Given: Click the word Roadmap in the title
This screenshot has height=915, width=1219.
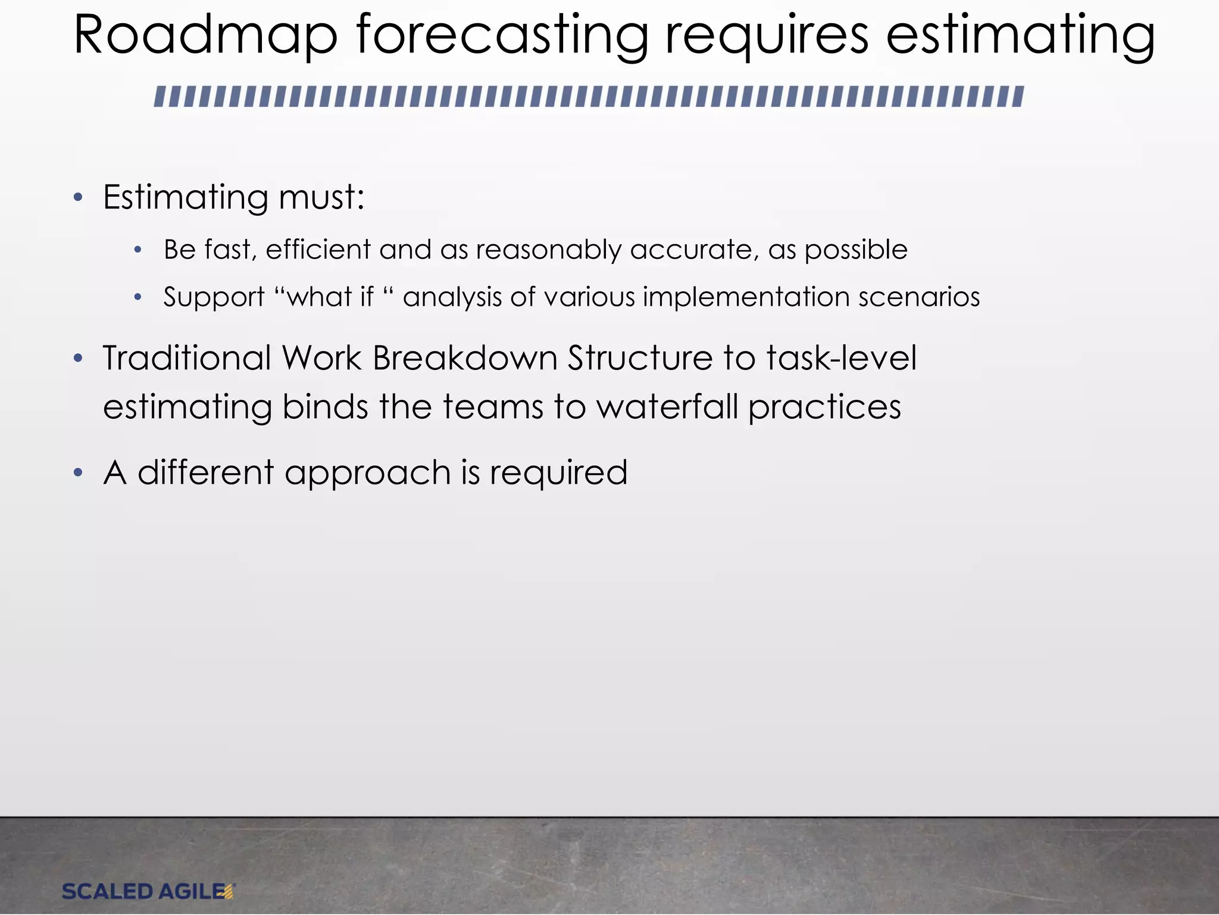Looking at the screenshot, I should click(205, 37).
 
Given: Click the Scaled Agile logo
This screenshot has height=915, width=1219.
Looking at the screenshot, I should click(149, 891).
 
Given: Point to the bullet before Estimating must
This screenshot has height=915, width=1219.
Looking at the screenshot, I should click(78, 198).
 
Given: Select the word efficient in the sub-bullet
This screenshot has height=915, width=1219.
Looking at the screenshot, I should click(318, 249).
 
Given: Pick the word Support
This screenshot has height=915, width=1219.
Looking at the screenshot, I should click(214, 297).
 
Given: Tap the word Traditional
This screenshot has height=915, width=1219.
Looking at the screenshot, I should click(187, 358).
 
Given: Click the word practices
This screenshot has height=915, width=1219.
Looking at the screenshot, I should click(824, 408).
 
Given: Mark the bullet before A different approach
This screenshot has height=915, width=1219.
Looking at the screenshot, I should click(78, 474).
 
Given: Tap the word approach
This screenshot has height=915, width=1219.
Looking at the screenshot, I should click(367, 474).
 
